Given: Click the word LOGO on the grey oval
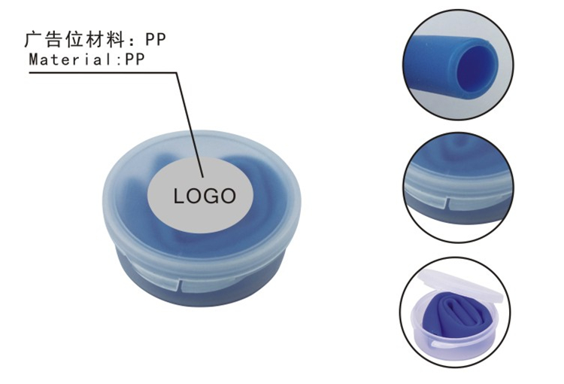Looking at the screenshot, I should click(205, 197).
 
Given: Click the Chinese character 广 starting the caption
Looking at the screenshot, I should click(32, 38).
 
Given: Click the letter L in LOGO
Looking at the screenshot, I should click(180, 197).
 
